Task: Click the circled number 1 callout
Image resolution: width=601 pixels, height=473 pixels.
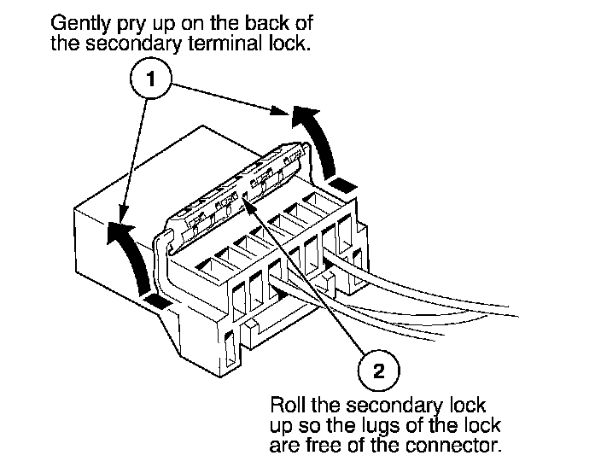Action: coord(150,79)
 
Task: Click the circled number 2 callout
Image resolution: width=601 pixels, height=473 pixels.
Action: coord(378,371)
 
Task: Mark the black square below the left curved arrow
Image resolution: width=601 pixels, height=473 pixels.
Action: coord(156,301)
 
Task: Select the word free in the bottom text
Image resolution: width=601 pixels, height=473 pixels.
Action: coord(323,446)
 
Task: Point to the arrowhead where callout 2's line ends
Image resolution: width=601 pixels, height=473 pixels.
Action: coord(247,202)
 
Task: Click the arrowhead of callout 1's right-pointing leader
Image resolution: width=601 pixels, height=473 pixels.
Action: coord(279,110)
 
